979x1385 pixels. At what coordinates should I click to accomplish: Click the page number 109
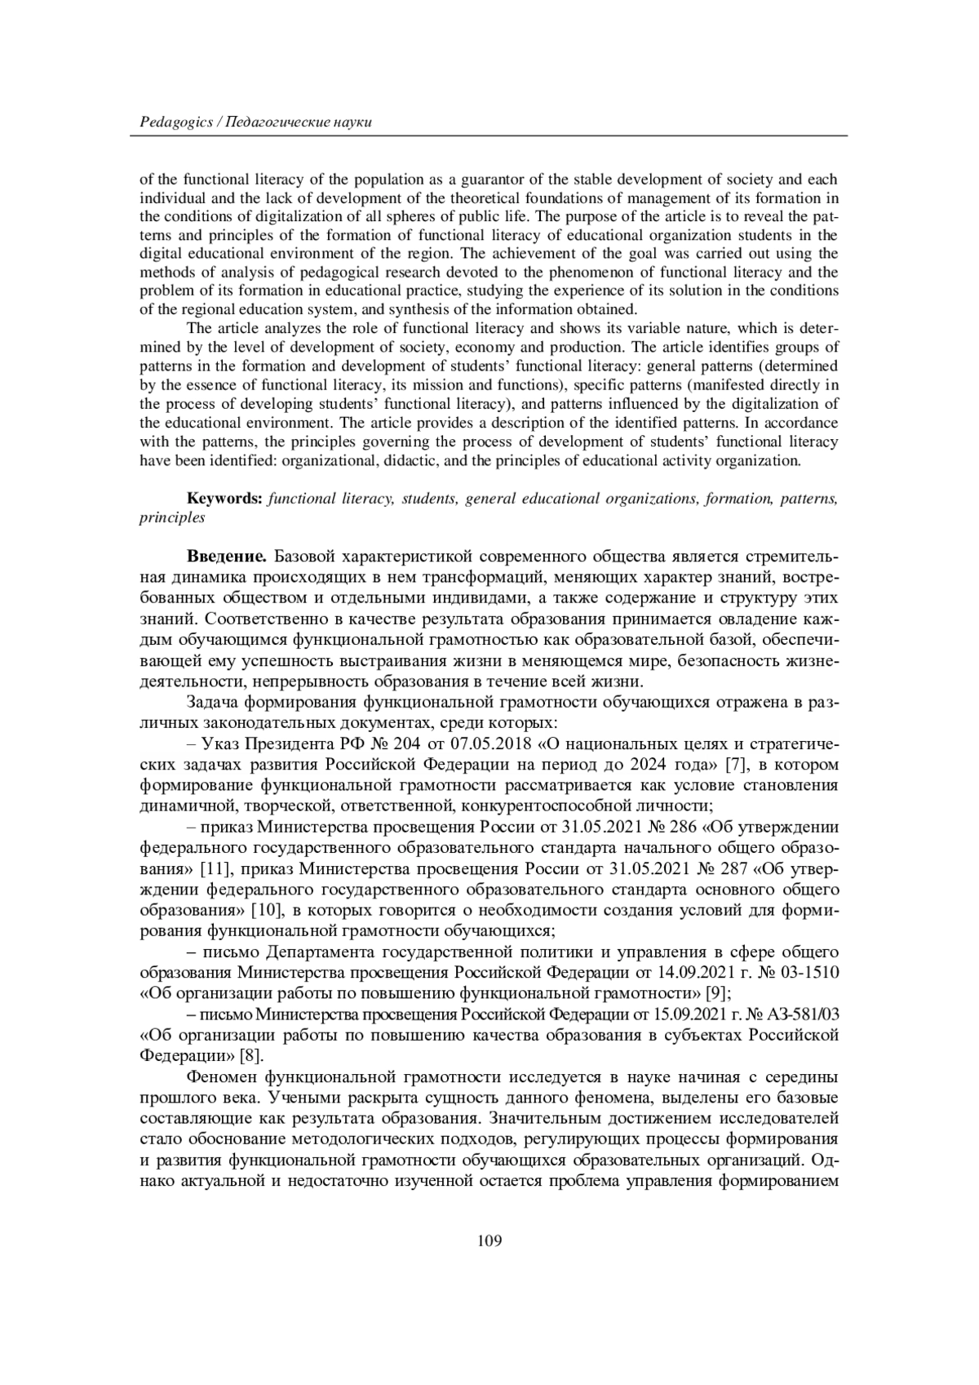[489, 1241]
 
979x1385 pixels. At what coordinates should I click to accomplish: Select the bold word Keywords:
[224, 499]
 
